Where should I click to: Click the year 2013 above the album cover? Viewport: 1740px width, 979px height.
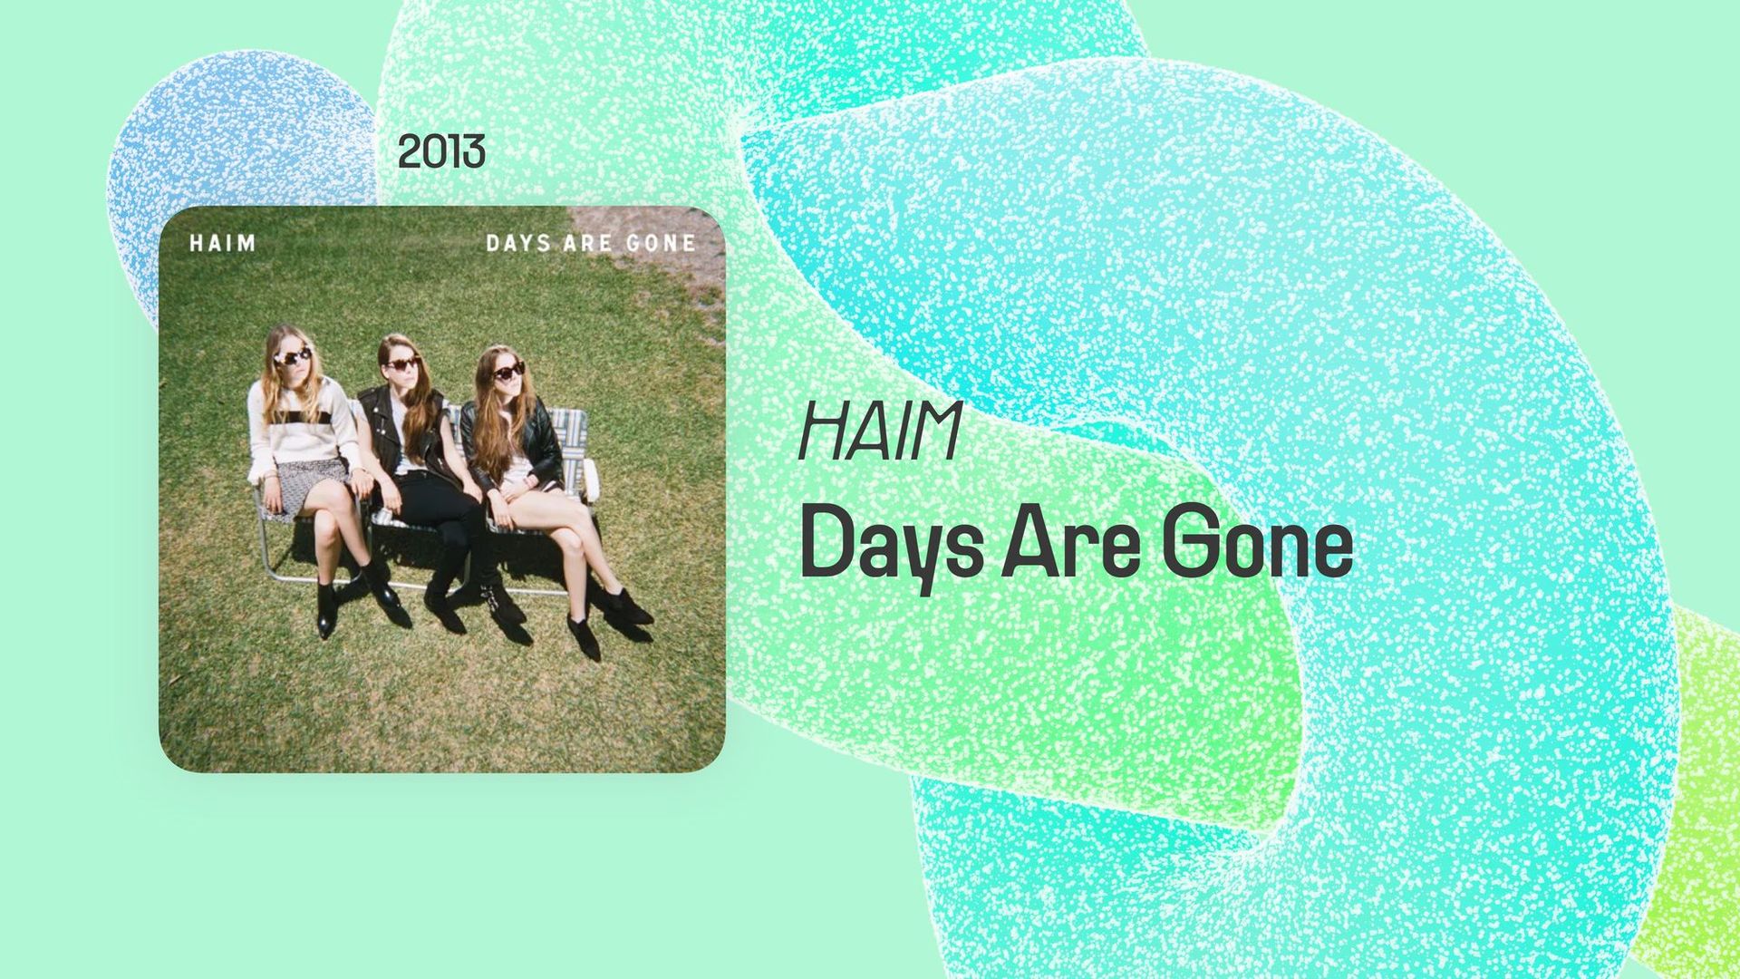click(441, 151)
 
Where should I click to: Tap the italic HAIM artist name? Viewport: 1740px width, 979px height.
click(878, 431)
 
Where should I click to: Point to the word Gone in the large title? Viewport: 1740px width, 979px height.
click(1257, 546)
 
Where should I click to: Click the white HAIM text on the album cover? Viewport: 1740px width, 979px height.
click(223, 243)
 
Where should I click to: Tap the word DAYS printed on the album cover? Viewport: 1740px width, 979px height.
click(517, 243)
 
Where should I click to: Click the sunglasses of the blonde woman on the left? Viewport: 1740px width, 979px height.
click(292, 356)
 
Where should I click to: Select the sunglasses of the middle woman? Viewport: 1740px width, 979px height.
click(401, 364)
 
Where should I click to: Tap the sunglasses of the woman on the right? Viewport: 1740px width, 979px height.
click(507, 371)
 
